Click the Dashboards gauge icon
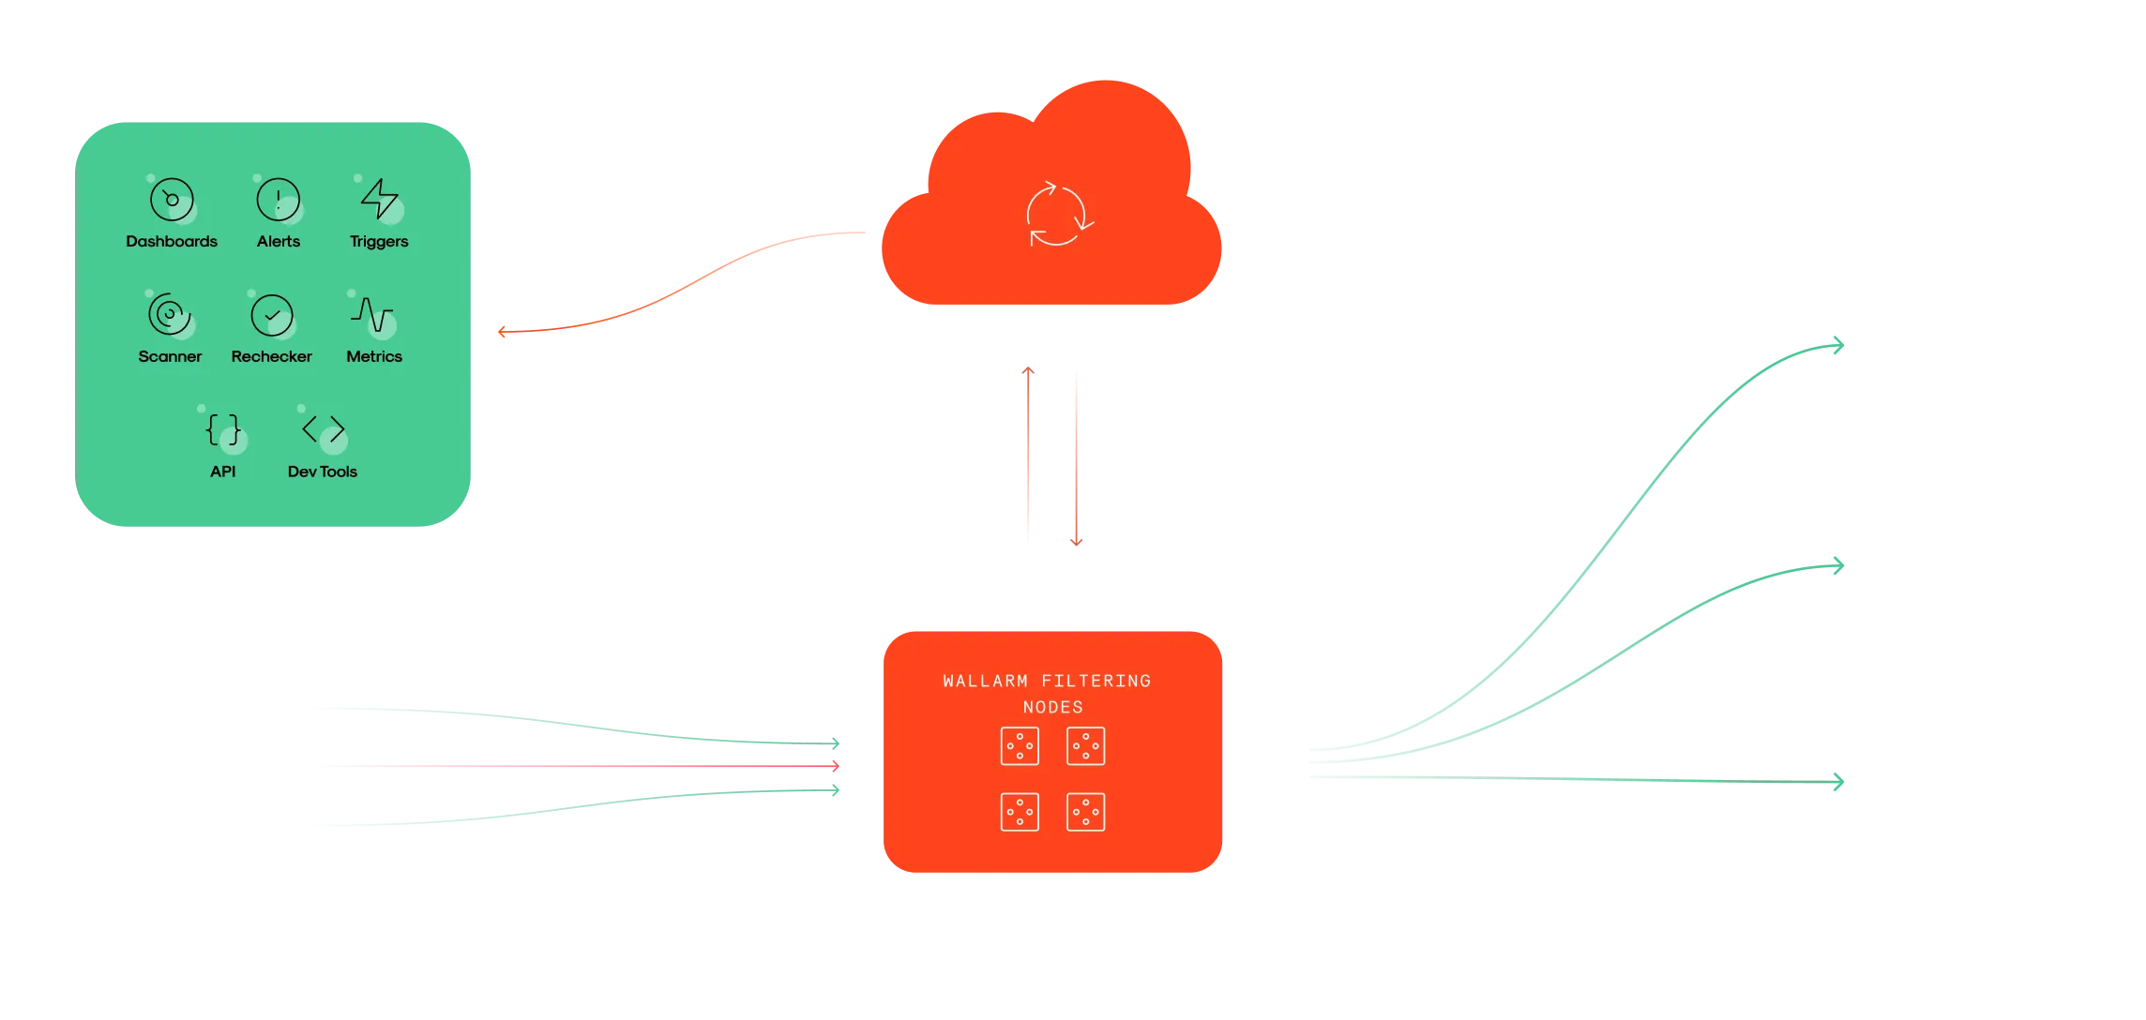click(172, 199)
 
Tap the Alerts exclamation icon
click(279, 199)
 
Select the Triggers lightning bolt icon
click(380, 198)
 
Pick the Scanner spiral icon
click(169, 314)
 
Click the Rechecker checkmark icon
click(272, 315)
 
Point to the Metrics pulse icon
click(372, 314)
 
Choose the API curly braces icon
click(223, 429)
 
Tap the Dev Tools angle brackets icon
click(324, 429)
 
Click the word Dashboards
click(172, 241)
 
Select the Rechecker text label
click(272, 356)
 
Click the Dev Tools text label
click(323, 472)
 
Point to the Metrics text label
click(374, 356)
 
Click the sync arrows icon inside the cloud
click(1059, 214)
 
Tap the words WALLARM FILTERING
click(1048, 681)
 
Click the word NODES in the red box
click(1053, 707)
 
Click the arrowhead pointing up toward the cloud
click(1028, 371)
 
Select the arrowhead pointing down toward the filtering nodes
click(1077, 541)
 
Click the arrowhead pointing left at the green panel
click(502, 331)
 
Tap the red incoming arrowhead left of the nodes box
click(835, 766)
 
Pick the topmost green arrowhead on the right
click(1838, 346)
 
